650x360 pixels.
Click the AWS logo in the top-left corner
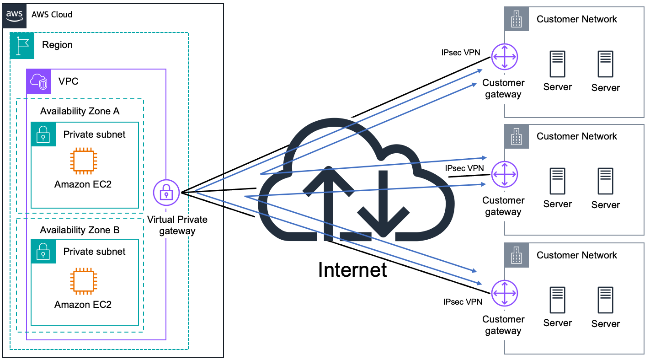pyautogui.click(x=15, y=15)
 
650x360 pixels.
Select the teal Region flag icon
pyautogui.click(x=22, y=45)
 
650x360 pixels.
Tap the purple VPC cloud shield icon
pyautogui.click(x=38, y=81)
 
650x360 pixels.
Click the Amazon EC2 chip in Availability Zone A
pyautogui.click(x=83, y=161)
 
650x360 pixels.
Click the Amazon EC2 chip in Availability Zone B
pyautogui.click(x=83, y=282)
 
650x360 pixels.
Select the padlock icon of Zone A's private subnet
pyautogui.click(x=43, y=134)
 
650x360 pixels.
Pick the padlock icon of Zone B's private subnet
pyautogui.click(x=43, y=251)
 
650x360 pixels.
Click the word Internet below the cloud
pyautogui.click(x=352, y=270)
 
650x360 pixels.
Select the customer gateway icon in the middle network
pyautogui.click(x=505, y=174)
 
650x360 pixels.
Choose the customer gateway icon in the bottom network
pyautogui.click(x=505, y=293)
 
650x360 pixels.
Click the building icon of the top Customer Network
pyautogui.click(x=517, y=19)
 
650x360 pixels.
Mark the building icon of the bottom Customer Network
pyautogui.click(x=517, y=255)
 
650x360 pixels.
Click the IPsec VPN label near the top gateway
pyautogui.click(x=460, y=52)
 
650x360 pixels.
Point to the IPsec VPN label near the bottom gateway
pyautogui.click(x=463, y=302)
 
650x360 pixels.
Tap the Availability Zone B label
pyautogui.click(x=80, y=230)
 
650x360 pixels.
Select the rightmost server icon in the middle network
pyautogui.click(x=606, y=182)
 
